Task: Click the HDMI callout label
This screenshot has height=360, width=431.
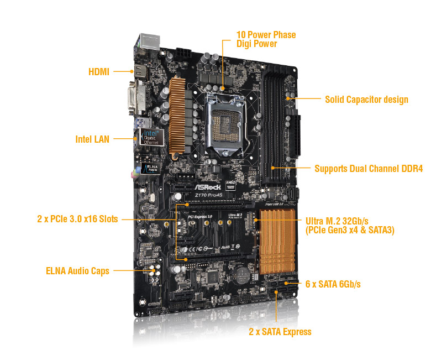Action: tap(99, 71)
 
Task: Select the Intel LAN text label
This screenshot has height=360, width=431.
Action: tap(92, 139)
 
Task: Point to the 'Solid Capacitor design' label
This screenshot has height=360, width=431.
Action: tap(366, 100)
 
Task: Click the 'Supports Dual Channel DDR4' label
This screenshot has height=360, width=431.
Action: tap(368, 168)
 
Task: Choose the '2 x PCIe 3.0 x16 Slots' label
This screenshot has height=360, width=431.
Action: tap(77, 219)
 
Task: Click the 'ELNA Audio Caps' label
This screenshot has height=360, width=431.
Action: tap(77, 271)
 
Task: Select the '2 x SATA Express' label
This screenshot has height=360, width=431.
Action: tap(280, 332)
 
